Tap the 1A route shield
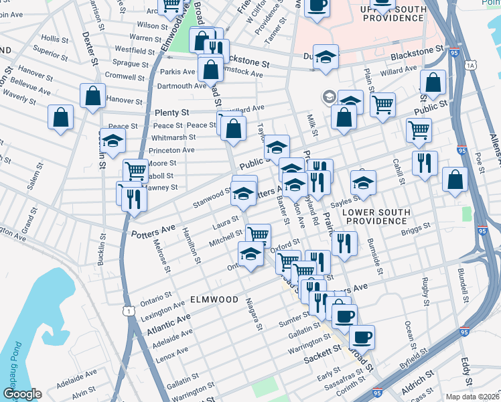pyautogui.click(x=471, y=65)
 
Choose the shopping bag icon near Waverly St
pyautogui.click(x=61, y=117)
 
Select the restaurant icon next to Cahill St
pyautogui.click(x=425, y=163)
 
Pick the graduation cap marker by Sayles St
pyautogui.click(x=363, y=182)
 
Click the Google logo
pyautogui.click(x=21, y=394)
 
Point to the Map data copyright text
pyautogui.click(x=473, y=396)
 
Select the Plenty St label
pyautogui.click(x=172, y=113)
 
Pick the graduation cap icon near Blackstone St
pyautogui.click(x=326, y=57)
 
